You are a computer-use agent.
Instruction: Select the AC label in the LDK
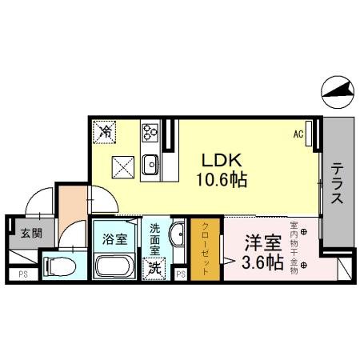click(298, 134)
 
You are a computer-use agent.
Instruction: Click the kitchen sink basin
click(150, 166)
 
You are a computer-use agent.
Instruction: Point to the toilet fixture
click(61, 264)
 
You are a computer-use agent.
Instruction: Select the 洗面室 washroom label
click(156, 240)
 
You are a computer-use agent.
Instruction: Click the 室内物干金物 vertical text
click(294, 247)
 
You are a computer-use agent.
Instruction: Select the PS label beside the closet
click(181, 275)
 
